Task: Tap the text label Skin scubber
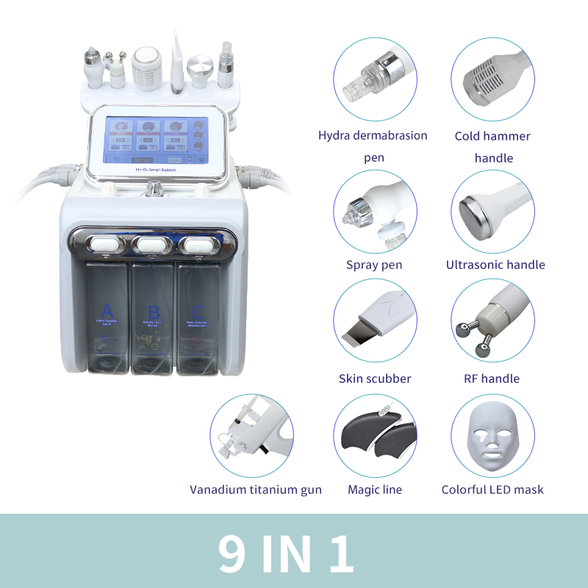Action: [375, 379]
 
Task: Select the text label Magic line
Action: [375, 490]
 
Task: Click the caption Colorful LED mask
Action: [492, 490]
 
